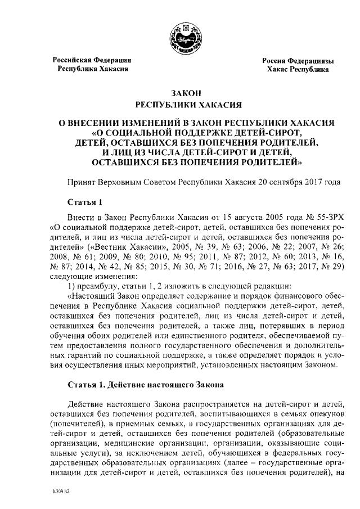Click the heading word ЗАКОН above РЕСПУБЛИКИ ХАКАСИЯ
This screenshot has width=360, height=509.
click(186, 93)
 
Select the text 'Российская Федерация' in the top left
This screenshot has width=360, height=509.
click(92, 60)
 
